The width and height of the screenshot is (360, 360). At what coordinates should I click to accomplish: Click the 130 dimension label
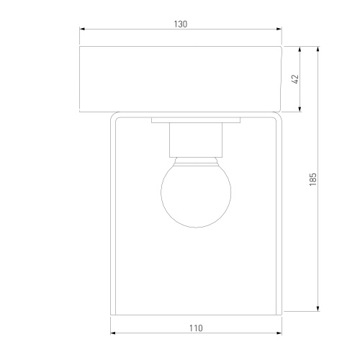pos(181,24)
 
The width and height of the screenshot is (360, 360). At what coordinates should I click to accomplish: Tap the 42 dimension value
pos(296,79)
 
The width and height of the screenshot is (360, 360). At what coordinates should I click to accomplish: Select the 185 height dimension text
pos(313,179)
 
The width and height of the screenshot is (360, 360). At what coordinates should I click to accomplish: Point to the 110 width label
pos(196,328)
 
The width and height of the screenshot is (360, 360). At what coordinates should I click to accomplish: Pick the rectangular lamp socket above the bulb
pos(196,140)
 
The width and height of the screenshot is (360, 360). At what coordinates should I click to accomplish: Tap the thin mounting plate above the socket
pos(196,120)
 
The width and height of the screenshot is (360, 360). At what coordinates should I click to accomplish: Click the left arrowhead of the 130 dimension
pos(82,29)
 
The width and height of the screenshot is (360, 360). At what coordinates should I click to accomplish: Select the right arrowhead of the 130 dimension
pos(279,29)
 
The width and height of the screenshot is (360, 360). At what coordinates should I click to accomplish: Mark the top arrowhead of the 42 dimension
pos(300,49)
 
